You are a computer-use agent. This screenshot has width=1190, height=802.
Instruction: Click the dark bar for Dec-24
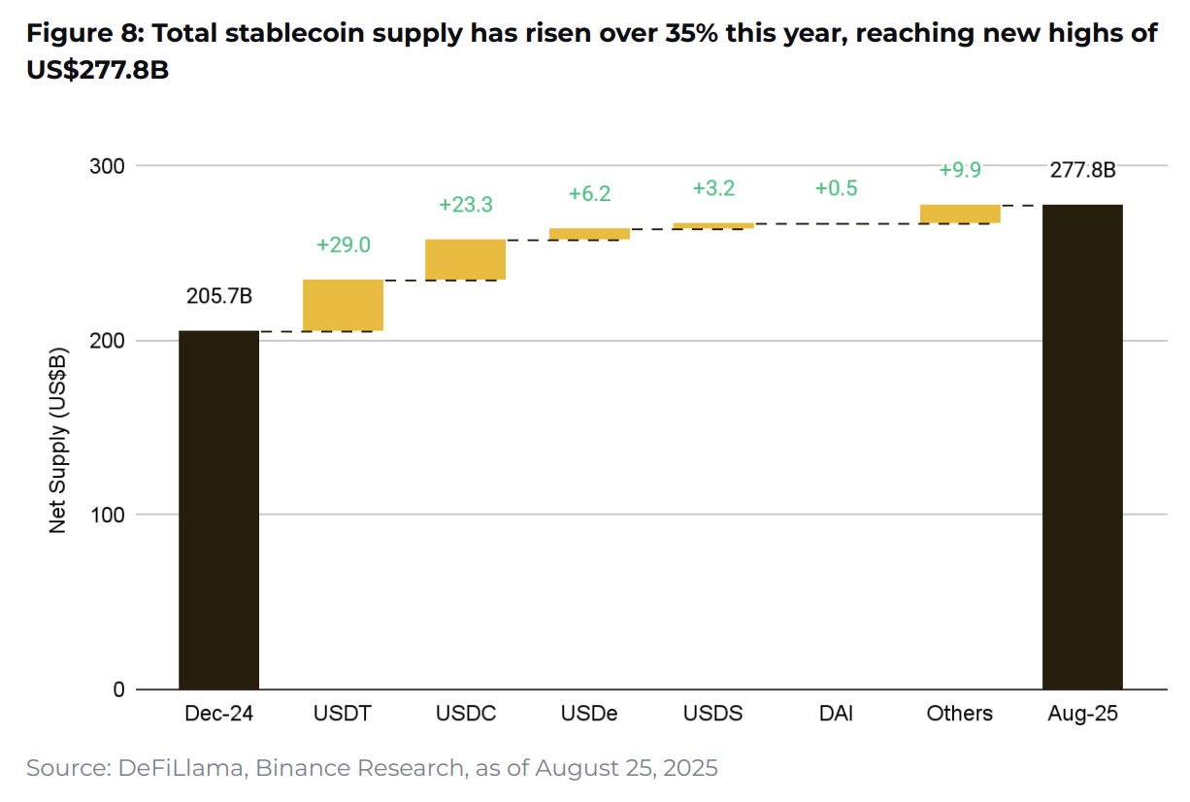pos(218,510)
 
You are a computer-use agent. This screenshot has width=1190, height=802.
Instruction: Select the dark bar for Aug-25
pos(1082,447)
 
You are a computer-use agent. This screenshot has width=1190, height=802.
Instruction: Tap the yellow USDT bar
pos(343,305)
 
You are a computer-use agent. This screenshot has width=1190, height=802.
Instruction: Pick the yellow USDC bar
pos(465,259)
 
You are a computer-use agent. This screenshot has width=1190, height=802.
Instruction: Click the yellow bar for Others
pos(960,214)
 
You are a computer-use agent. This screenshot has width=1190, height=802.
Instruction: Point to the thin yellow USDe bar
pos(588,233)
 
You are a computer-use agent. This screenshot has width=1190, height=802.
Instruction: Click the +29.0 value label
pos(343,245)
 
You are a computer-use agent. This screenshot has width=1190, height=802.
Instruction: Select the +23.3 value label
pos(465,205)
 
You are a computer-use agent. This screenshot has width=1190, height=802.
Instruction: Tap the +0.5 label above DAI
pos(836,188)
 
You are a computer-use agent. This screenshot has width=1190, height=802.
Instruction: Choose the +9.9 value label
pos(960,170)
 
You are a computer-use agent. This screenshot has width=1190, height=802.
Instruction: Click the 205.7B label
pos(218,297)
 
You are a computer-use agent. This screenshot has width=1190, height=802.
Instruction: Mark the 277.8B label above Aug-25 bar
pos(1082,171)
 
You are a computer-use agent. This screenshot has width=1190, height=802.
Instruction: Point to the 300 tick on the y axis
pos(108,166)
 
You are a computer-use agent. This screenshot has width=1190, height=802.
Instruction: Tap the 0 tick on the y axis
pos(118,689)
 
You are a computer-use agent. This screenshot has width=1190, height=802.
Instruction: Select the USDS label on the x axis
pos(712,714)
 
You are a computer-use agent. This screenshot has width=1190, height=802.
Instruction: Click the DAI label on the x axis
pos(836,714)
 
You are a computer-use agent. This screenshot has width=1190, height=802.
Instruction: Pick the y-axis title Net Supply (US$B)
pos(58,439)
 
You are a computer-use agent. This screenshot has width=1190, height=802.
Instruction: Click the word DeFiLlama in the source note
pos(182,768)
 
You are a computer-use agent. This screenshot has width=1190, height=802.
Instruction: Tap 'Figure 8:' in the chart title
pos(83,34)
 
